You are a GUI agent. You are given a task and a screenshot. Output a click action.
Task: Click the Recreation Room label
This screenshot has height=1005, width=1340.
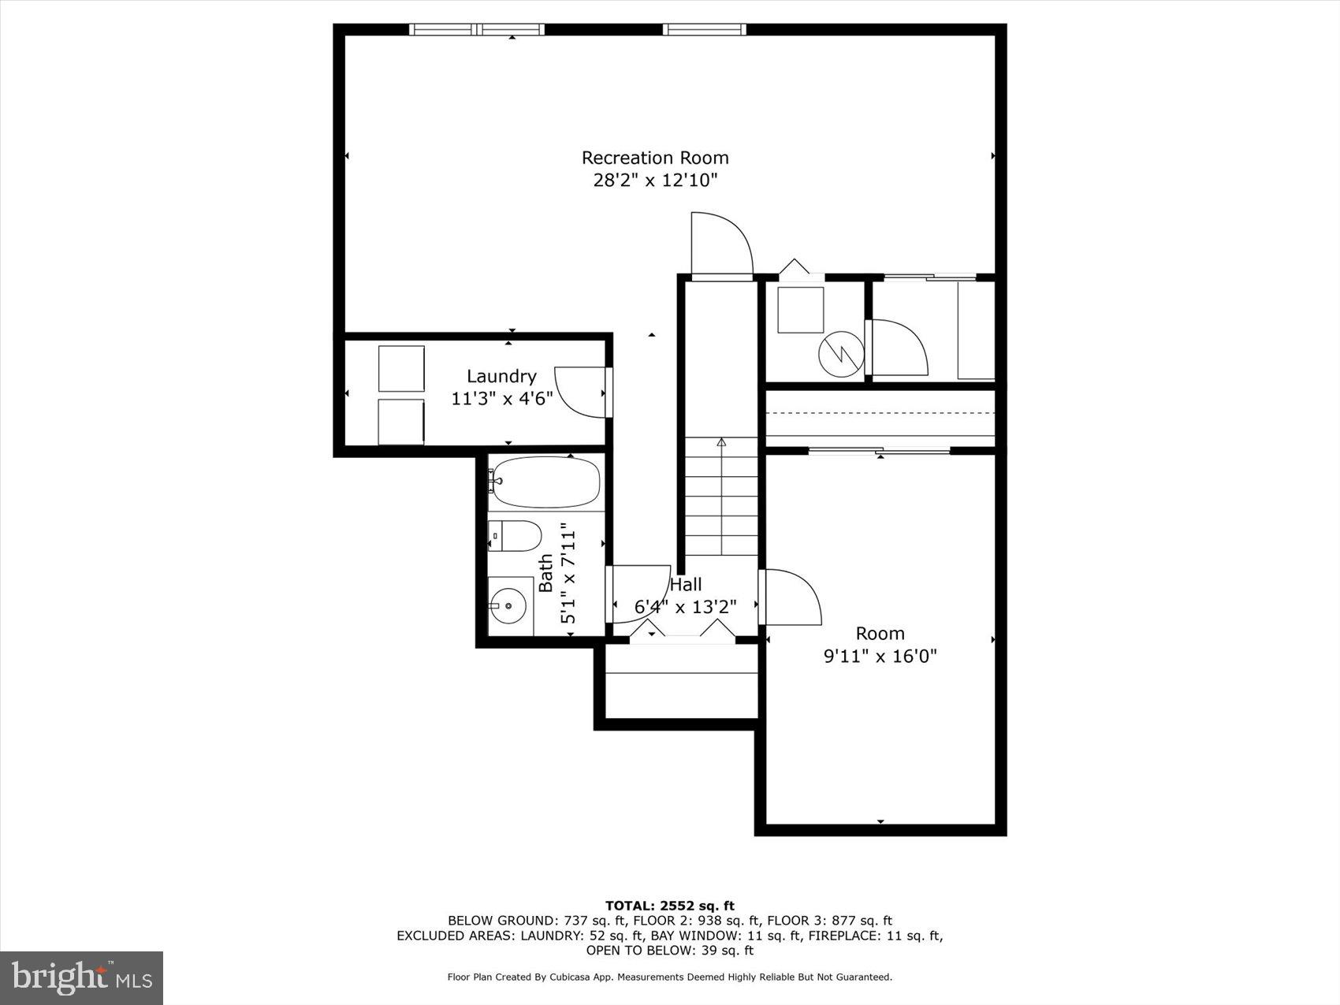655,158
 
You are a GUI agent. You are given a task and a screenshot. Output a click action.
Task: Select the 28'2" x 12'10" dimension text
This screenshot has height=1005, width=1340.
655,181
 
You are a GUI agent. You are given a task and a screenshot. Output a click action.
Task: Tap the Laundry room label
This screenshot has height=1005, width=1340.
501,376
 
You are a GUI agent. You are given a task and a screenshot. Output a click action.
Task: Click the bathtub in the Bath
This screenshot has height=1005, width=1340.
545,482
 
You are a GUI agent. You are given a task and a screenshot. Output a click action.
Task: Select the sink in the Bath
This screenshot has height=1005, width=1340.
510,605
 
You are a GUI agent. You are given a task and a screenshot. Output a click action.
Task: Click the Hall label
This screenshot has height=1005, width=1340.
686,585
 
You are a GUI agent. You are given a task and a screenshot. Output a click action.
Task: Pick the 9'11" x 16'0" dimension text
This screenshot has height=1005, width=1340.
880,656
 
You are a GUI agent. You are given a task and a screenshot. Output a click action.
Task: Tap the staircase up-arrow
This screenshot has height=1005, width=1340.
720,443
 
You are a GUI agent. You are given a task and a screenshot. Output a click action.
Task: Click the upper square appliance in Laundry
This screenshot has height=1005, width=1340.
401,368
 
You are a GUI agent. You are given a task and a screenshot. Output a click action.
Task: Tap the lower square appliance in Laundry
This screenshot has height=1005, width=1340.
401,422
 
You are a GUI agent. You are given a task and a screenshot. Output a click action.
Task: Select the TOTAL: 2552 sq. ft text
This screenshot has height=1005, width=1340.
669,906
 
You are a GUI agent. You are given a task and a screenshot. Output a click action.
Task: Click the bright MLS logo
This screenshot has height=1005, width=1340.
82,977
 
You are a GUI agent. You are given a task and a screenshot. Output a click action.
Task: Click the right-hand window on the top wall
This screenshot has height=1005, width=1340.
704,30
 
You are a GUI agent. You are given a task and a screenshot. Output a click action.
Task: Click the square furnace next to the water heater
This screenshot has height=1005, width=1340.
800,310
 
